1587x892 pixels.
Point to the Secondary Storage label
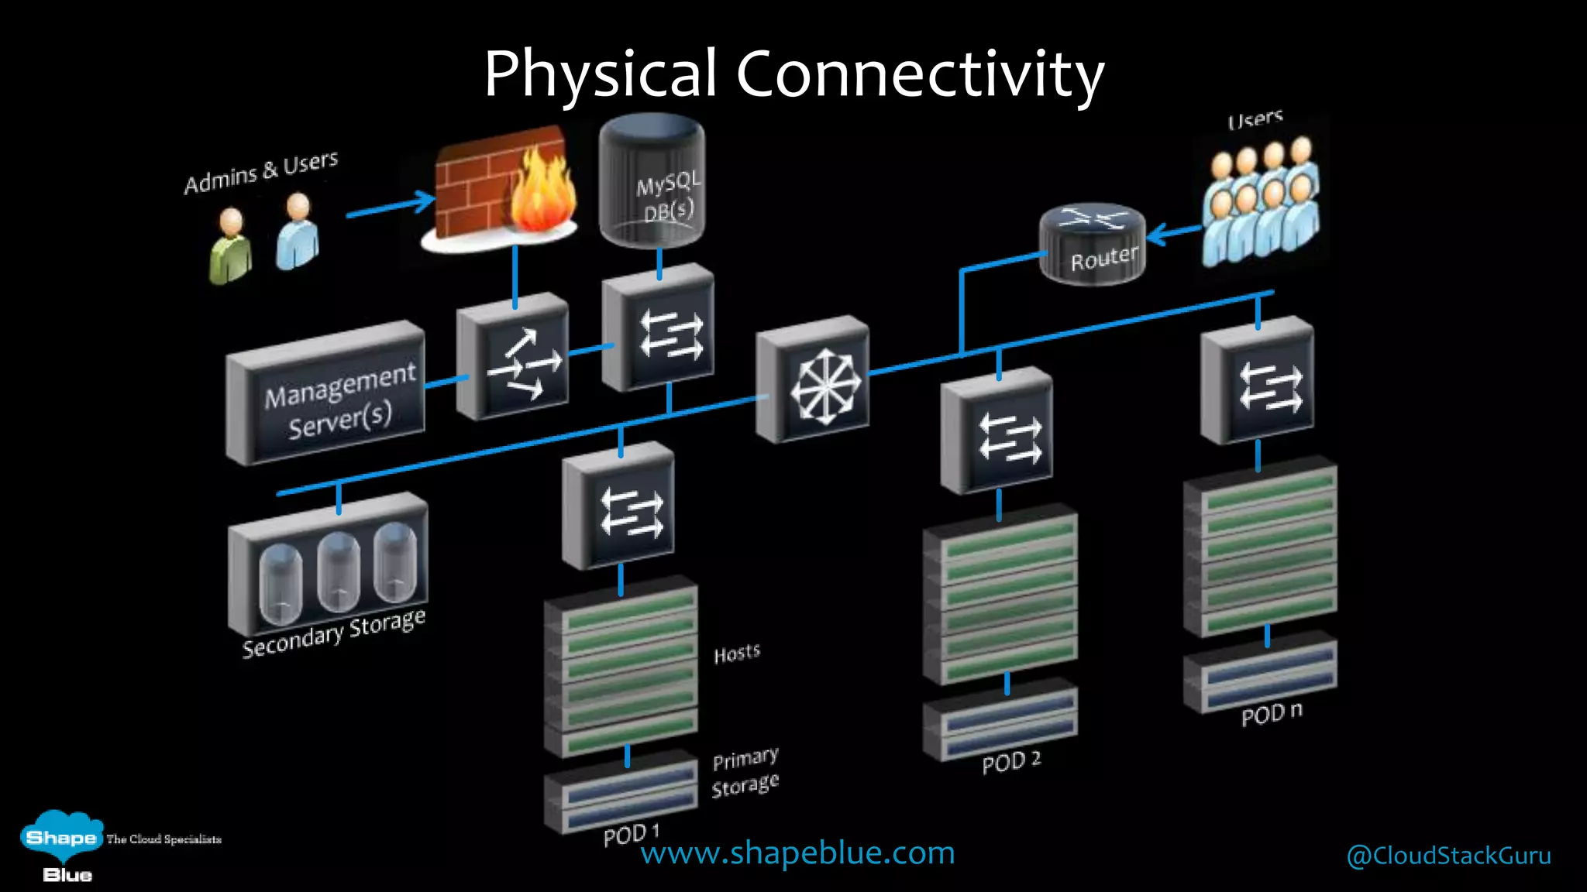334,633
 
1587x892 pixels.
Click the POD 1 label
631,835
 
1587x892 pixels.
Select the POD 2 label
1011,762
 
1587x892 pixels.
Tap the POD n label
1272,713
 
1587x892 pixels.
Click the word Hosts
737,654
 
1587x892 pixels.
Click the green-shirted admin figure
230,246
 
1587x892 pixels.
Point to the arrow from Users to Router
1173,232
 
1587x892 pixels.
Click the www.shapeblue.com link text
797,853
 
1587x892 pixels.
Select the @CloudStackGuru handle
1448,856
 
